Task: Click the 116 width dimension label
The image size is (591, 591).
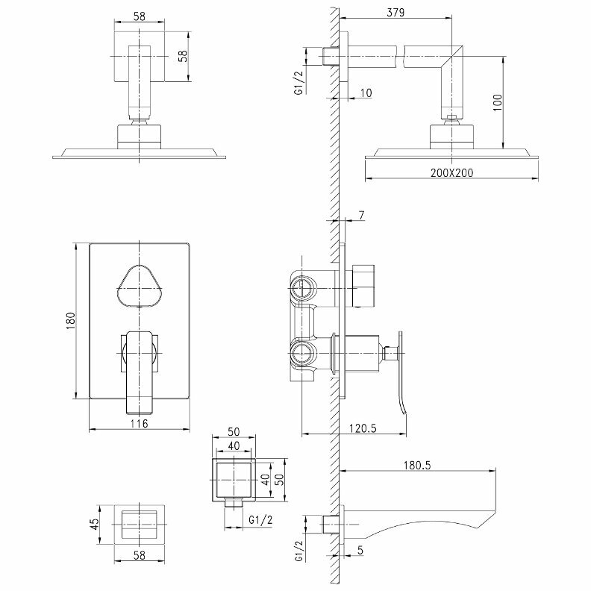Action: tap(139, 424)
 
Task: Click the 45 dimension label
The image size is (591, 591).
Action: tap(95, 523)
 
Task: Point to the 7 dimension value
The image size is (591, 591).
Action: tap(361, 216)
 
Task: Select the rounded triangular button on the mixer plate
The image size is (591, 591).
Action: tap(140, 286)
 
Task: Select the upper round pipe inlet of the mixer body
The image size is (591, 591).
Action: tap(302, 286)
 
